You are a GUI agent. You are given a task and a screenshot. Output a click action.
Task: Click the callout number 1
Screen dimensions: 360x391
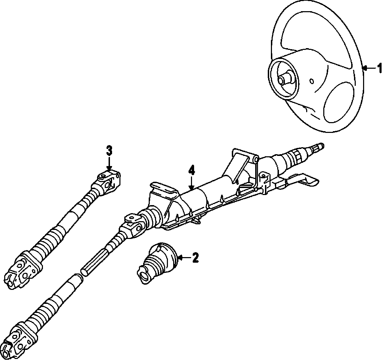point(379,68)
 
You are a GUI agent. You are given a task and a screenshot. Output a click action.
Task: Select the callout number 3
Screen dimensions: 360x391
point(109,151)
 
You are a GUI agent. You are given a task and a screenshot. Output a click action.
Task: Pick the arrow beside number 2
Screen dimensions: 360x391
point(184,258)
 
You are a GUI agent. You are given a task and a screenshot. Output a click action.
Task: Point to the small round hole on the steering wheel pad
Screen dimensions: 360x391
point(311,82)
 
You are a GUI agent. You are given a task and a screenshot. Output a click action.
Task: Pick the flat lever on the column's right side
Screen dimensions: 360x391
point(304,179)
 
